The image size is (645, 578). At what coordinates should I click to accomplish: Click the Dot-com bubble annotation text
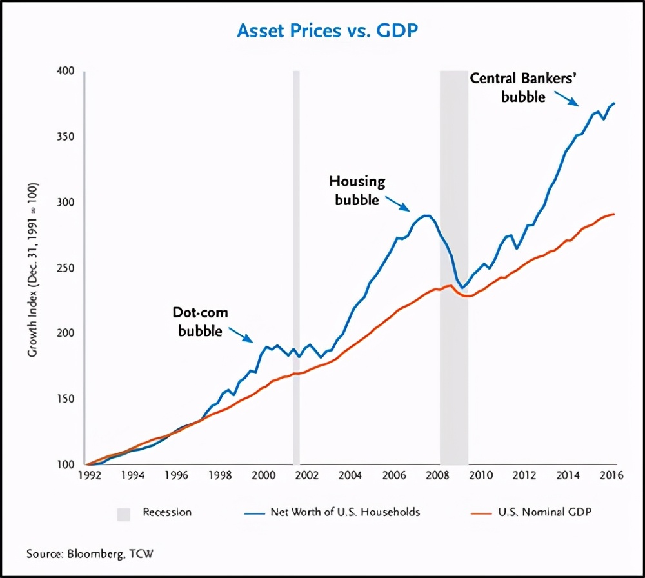(200, 322)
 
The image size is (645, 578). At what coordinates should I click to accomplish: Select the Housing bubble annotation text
(357, 190)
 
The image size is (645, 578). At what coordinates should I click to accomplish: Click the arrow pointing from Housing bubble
(397, 203)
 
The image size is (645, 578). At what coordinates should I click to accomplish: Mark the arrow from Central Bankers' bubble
(566, 99)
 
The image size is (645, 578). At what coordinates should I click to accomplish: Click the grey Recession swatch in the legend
(123, 513)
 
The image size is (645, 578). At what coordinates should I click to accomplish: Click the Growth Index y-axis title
(32, 271)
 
